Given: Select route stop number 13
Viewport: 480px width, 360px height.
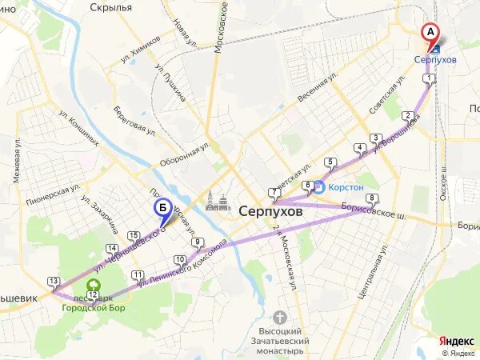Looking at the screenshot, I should (x=54, y=281).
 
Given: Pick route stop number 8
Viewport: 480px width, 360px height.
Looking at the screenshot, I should (x=370, y=198).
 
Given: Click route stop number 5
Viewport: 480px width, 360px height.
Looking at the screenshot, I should (x=330, y=163).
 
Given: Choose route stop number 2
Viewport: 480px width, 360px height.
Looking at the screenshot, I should (x=408, y=115).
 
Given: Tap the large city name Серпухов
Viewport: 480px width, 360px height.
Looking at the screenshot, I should (x=273, y=214).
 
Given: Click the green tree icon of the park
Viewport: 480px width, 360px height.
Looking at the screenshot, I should (x=94, y=284).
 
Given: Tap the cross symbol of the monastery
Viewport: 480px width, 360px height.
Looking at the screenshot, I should (x=279, y=317).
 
